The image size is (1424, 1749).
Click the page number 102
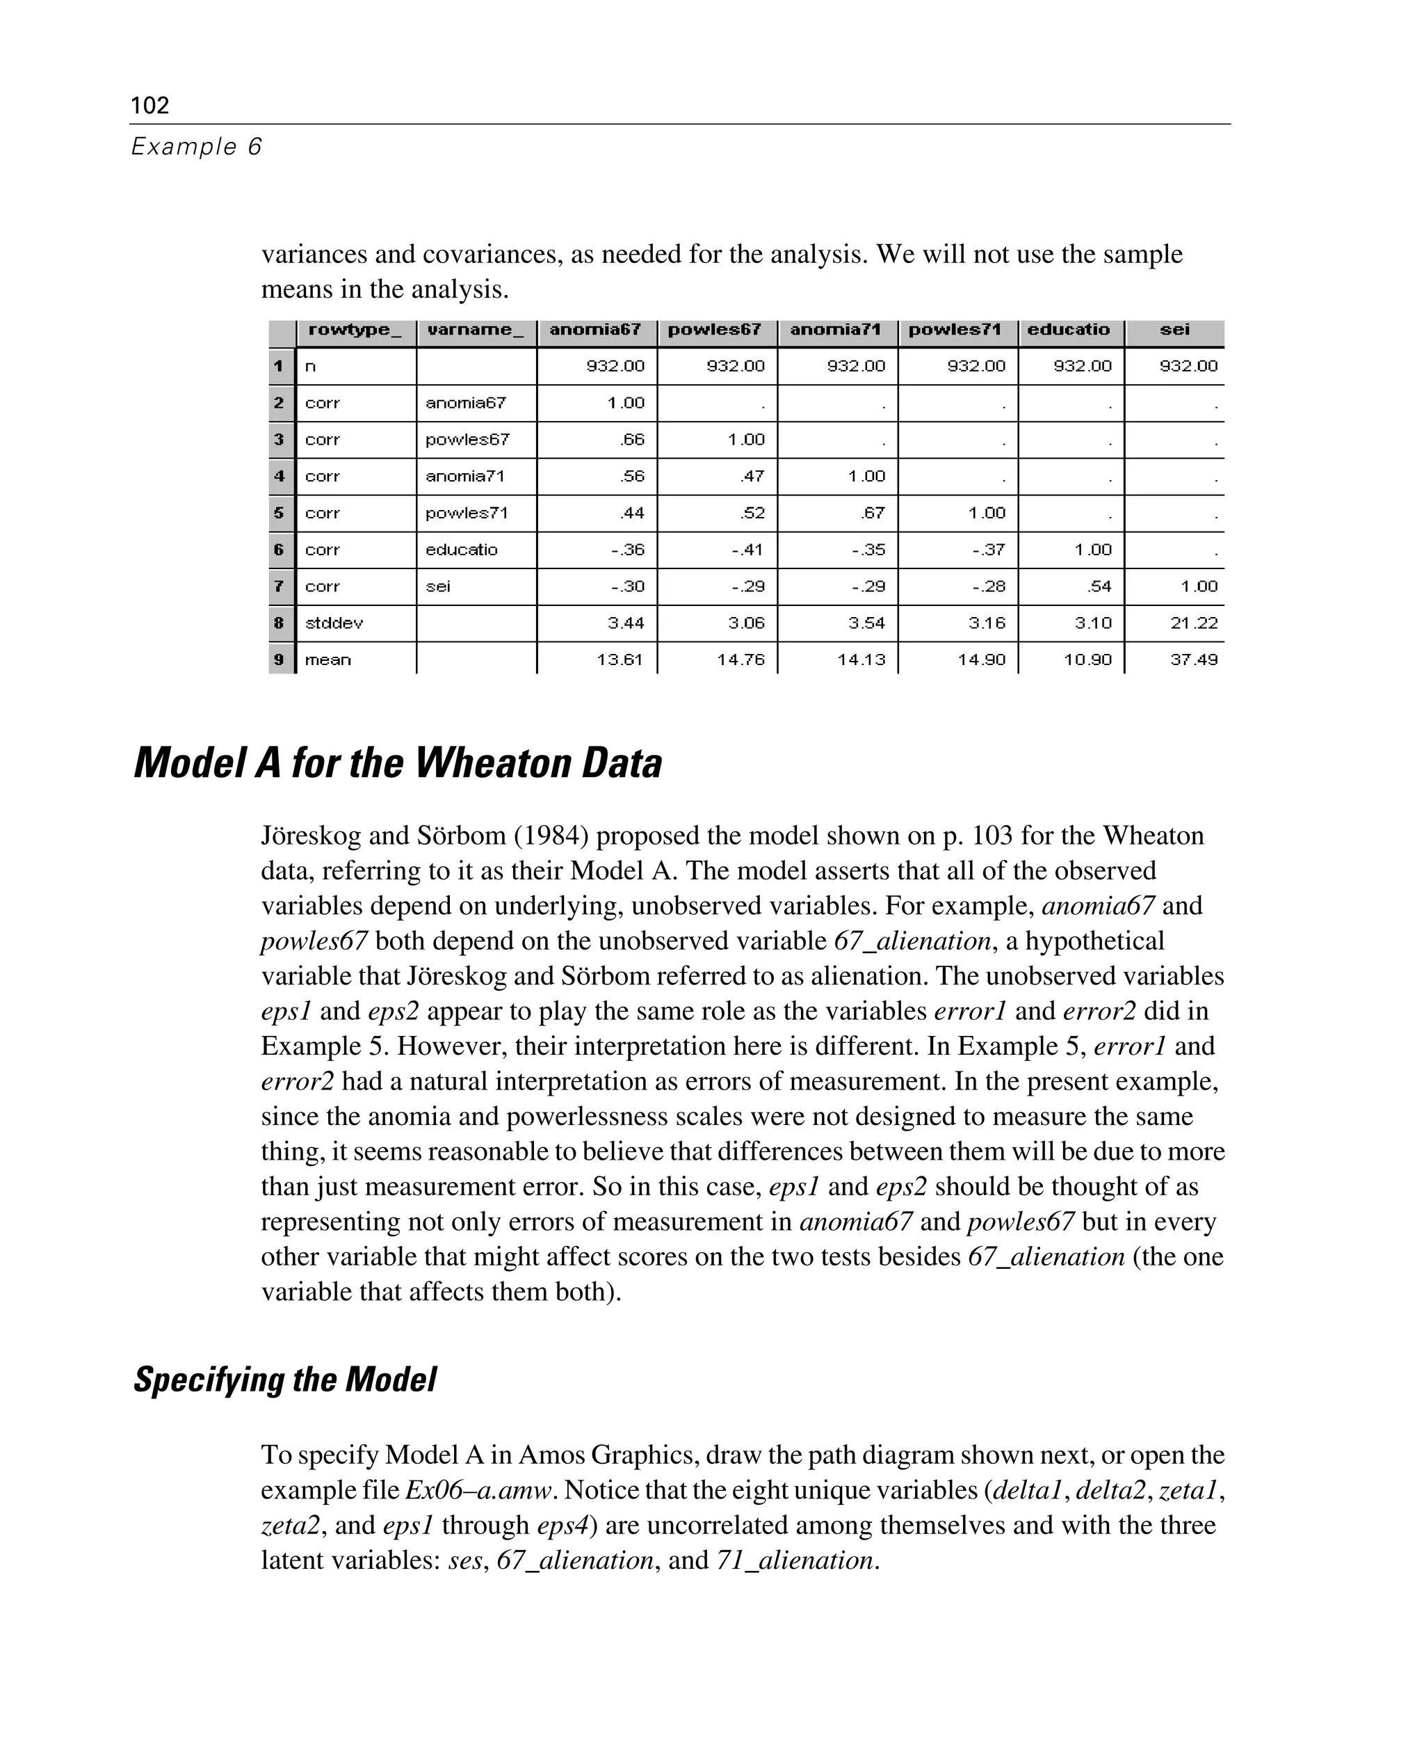coord(150,105)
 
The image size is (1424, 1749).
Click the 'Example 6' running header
coord(196,147)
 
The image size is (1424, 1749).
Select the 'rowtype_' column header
coord(355,330)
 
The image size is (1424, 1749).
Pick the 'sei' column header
coord(1174,330)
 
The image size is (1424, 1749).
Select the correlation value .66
coord(633,440)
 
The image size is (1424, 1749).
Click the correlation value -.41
coord(747,550)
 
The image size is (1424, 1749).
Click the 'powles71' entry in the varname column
coord(467,513)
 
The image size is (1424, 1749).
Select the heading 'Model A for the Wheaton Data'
coord(398,763)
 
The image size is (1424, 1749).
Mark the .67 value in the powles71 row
coord(873,513)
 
